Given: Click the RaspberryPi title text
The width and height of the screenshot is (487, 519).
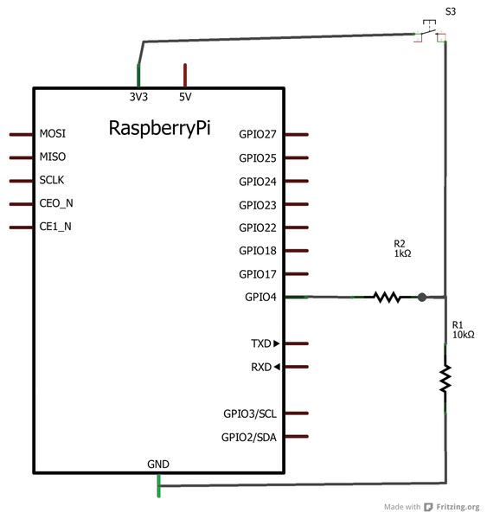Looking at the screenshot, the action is click(x=159, y=128).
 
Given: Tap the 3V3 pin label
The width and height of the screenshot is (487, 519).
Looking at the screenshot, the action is click(x=138, y=97).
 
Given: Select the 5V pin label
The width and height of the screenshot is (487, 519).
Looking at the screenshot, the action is click(x=185, y=97).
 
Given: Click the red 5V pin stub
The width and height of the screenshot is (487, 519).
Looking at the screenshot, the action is click(x=185, y=75).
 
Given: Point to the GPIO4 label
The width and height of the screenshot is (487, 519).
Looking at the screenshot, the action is click(x=260, y=297).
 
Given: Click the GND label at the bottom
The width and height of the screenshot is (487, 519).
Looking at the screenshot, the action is click(x=158, y=464).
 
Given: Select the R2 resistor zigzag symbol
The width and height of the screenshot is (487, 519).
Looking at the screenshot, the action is click(x=387, y=297).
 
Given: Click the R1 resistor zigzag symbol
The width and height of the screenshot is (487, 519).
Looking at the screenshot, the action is click(x=445, y=378).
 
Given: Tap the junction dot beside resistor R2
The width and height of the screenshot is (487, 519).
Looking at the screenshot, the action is click(x=422, y=298).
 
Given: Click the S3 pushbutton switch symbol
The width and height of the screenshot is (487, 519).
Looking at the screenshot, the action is click(x=430, y=31).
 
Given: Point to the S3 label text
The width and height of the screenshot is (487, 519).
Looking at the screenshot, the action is click(x=451, y=11).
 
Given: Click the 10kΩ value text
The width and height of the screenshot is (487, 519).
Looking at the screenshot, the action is click(x=464, y=335).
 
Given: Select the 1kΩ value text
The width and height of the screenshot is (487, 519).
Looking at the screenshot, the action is click(x=402, y=253).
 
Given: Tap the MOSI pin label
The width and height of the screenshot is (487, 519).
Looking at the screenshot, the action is click(x=53, y=133).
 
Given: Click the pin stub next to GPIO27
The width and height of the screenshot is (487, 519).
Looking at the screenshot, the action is click(x=297, y=134).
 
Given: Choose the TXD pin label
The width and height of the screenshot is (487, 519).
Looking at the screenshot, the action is click(x=261, y=343).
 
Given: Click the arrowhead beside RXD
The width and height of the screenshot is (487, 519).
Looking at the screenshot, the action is click(x=277, y=367).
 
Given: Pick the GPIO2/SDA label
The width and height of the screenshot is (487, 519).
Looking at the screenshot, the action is click(x=249, y=437).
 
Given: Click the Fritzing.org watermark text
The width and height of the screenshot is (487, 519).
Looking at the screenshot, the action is click(x=458, y=507).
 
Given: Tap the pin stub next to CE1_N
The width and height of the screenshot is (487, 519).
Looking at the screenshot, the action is click(x=21, y=227).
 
